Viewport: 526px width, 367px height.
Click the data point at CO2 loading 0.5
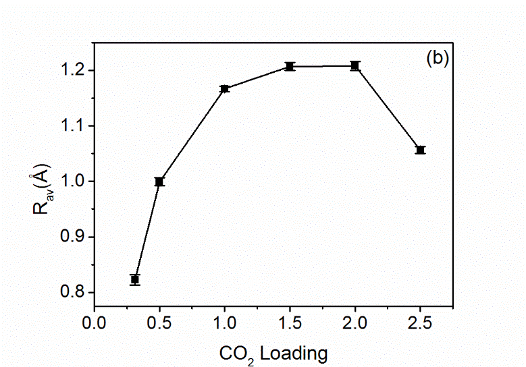click(x=159, y=181)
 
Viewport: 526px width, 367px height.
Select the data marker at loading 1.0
click(x=225, y=88)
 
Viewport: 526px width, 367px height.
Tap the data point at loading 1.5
click(x=290, y=66)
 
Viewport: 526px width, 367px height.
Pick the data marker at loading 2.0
click(x=355, y=65)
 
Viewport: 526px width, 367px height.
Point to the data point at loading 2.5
click(x=421, y=150)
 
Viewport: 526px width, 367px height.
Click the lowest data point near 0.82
click(x=135, y=279)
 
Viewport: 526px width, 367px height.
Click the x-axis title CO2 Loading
click(x=273, y=352)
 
